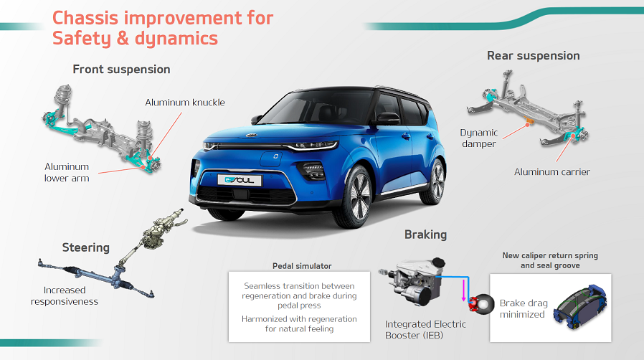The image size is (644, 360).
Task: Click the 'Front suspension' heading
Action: click(x=121, y=70)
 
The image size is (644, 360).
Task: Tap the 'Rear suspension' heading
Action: click(x=533, y=56)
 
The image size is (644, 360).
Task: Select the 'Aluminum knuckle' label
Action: click(x=185, y=103)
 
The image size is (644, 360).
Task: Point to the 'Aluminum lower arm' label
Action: click(x=67, y=172)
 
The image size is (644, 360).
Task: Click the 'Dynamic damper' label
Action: click(x=479, y=138)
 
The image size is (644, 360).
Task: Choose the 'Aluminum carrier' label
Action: click(x=552, y=172)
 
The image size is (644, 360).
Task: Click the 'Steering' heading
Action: click(x=86, y=247)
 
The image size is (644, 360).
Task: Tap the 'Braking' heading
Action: click(x=425, y=235)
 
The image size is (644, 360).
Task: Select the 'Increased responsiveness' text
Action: click(x=65, y=295)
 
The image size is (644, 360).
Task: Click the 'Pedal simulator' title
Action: click(x=302, y=266)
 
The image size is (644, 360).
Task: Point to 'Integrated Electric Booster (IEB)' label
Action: click(x=425, y=330)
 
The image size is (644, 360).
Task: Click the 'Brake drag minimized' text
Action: click(x=524, y=308)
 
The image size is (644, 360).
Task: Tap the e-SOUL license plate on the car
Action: click(x=240, y=180)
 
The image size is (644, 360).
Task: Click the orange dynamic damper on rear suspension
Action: click(x=529, y=120)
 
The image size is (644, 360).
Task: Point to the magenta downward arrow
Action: click(x=464, y=290)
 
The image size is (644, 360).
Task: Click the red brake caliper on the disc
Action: click(x=473, y=304)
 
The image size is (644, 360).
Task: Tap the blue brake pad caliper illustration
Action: click(x=580, y=307)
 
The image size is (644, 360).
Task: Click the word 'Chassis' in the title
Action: click(x=86, y=18)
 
